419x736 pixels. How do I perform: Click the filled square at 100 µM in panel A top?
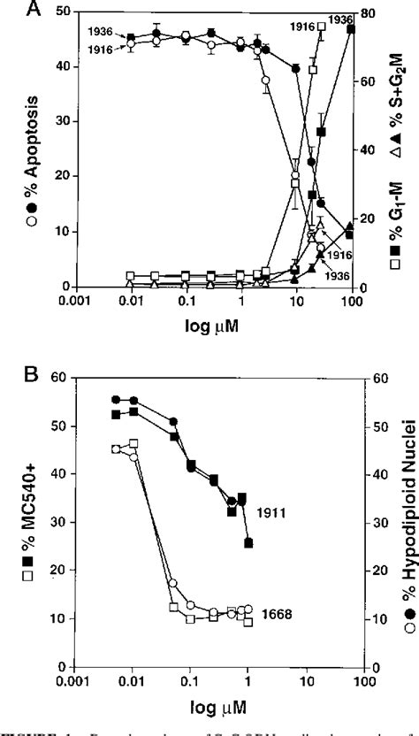click(x=351, y=29)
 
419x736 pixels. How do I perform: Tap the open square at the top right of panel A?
click(x=323, y=27)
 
